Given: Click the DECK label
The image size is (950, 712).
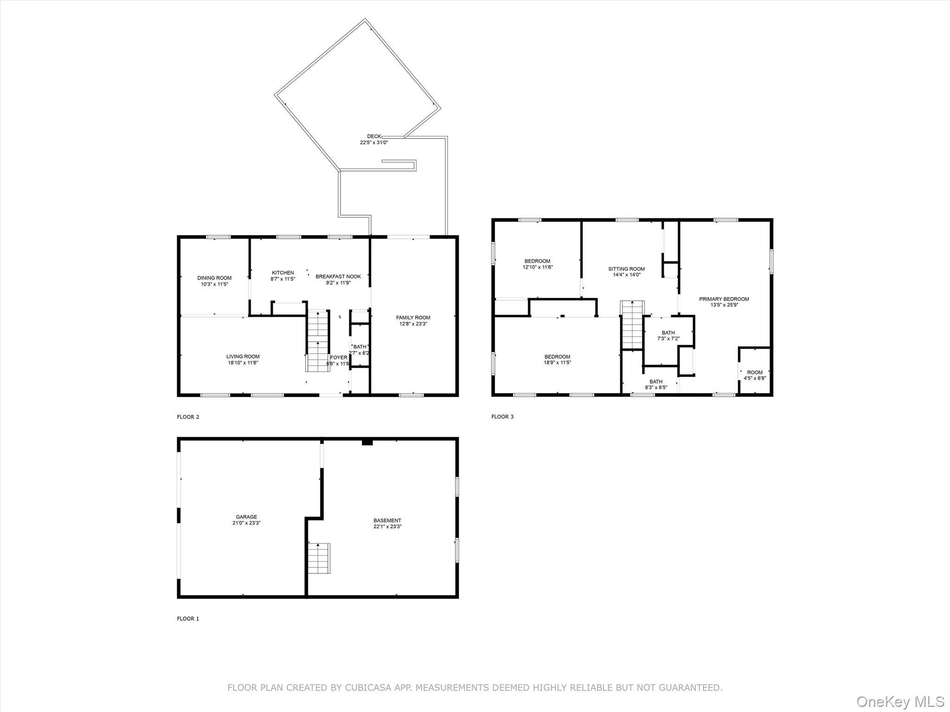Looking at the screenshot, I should (x=374, y=136).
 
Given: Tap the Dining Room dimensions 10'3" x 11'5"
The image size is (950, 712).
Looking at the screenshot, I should (x=214, y=284).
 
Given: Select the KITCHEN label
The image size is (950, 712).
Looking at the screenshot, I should (x=282, y=273).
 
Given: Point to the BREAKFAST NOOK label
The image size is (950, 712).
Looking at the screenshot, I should (x=338, y=277).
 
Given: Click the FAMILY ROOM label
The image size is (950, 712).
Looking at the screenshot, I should (x=413, y=318).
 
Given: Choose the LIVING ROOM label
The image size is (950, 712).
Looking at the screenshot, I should (x=243, y=356).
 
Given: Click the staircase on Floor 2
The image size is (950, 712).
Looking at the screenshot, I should (x=318, y=341).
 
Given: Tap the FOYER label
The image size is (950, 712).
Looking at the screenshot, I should (x=339, y=357).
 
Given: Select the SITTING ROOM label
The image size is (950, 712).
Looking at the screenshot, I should (x=626, y=269).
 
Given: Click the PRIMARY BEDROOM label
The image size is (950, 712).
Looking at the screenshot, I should (x=724, y=299).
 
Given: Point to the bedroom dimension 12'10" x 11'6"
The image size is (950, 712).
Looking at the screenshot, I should (x=538, y=267).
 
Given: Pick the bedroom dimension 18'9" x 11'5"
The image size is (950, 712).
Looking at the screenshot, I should (x=557, y=362).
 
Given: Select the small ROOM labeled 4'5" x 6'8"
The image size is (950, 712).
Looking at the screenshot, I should (x=755, y=375).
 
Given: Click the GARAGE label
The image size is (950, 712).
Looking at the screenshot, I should (x=246, y=517).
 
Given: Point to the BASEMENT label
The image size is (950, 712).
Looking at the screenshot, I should (x=387, y=521).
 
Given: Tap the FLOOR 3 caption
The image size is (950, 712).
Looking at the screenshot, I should (x=502, y=417).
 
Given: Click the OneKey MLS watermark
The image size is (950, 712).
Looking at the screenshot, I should (x=900, y=701).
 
